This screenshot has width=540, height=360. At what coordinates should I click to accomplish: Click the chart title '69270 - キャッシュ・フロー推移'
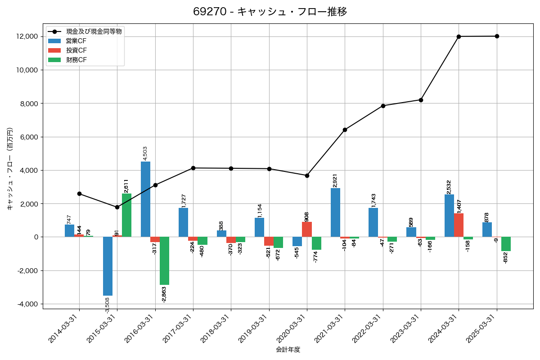pos(270,12)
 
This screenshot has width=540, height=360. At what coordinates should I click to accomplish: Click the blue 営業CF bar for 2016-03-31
pos(145,199)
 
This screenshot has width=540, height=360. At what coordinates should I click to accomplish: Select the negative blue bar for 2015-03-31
pos(108,266)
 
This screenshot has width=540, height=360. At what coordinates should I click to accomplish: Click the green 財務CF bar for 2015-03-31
pos(126,215)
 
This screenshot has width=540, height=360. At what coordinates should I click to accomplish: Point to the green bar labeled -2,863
pos(164,261)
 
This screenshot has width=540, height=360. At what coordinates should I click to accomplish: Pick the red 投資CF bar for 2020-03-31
pos(307,229)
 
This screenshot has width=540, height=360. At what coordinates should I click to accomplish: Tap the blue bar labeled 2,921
pos(335,212)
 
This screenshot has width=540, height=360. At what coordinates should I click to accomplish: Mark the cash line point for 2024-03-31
pos(459,36)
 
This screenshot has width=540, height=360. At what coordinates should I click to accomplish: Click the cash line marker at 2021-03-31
pos(345,130)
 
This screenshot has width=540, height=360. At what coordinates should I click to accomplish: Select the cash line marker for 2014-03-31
pos(79,193)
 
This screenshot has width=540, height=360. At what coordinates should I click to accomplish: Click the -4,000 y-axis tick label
pos(28,304)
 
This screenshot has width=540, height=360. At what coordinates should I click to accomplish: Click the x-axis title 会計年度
pos(288,350)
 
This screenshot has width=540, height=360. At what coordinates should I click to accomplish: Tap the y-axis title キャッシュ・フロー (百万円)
pos(10,169)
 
